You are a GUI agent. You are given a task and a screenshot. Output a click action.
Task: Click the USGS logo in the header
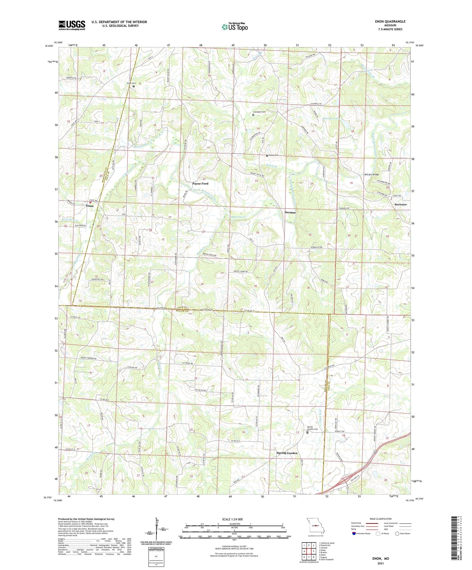[72, 25]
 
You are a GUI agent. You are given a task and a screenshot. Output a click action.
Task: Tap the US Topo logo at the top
[234, 27]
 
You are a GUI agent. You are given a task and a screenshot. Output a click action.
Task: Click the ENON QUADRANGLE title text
[390, 22]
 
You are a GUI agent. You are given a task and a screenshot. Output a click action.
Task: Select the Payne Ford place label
[200, 184]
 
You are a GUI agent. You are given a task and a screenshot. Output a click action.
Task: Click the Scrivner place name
[400, 204]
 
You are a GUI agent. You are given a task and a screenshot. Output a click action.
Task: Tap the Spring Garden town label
[287, 453]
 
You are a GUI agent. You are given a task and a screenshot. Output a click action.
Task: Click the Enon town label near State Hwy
[90, 206]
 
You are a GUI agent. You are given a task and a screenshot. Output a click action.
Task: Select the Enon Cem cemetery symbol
[134, 87]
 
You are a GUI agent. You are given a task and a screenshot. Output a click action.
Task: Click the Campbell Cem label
[260, 112]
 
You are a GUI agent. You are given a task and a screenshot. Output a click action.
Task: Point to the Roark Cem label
[274, 155]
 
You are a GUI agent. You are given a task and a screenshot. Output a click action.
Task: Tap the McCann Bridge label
[371, 175]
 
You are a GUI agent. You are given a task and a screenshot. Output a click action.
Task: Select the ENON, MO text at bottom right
[381, 559]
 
